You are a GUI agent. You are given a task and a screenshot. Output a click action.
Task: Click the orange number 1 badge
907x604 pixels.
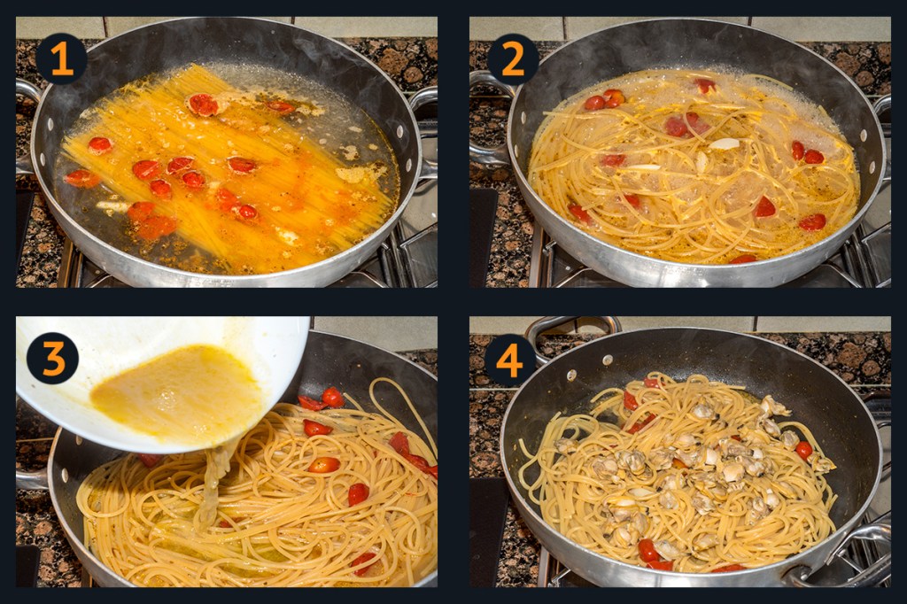click(61, 58)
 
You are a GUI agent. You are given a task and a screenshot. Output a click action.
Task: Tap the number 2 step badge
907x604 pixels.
click(513, 58)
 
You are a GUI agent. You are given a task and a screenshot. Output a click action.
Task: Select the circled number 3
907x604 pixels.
click(52, 358)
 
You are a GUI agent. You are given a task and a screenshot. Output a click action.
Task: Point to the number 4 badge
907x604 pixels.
click(509, 360)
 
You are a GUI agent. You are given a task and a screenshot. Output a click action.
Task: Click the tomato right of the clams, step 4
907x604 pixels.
click(803, 450)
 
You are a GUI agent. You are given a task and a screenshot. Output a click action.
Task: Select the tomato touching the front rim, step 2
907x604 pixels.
click(743, 259)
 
